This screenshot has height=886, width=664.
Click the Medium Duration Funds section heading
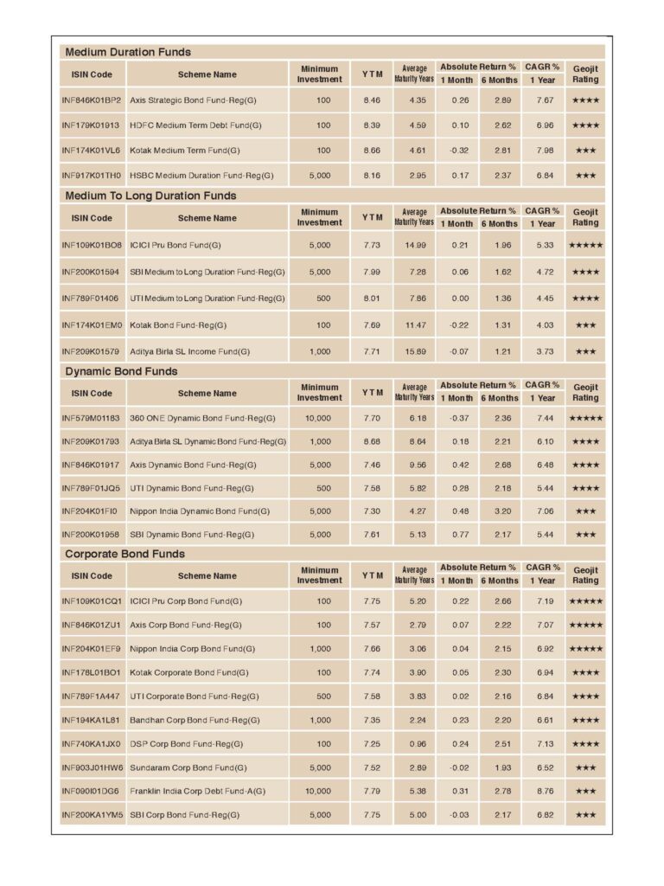(x=128, y=52)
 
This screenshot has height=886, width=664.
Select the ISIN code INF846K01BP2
(x=92, y=100)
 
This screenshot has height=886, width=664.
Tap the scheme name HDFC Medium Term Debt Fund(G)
(x=195, y=125)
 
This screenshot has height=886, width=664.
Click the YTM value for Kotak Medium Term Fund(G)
(x=372, y=151)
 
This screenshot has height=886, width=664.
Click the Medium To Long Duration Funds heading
(x=150, y=196)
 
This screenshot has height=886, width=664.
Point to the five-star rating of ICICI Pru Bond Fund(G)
(x=585, y=246)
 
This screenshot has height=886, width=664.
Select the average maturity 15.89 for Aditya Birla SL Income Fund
(x=418, y=352)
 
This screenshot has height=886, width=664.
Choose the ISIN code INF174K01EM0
(x=92, y=325)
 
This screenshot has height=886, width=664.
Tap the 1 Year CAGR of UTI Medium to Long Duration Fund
(x=545, y=299)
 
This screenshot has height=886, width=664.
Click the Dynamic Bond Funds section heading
(x=121, y=371)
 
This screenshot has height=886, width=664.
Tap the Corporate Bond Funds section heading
(x=124, y=554)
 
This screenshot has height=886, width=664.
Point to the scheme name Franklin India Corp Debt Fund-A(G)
(x=197, y=791)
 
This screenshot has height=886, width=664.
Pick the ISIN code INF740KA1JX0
(x=92, y=744)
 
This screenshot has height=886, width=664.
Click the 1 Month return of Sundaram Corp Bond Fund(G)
(x=460, y=767)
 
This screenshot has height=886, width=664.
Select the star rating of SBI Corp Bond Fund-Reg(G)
(x=585, y=815)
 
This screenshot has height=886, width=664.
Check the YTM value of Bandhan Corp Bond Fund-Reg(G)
(x=372, y=720)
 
